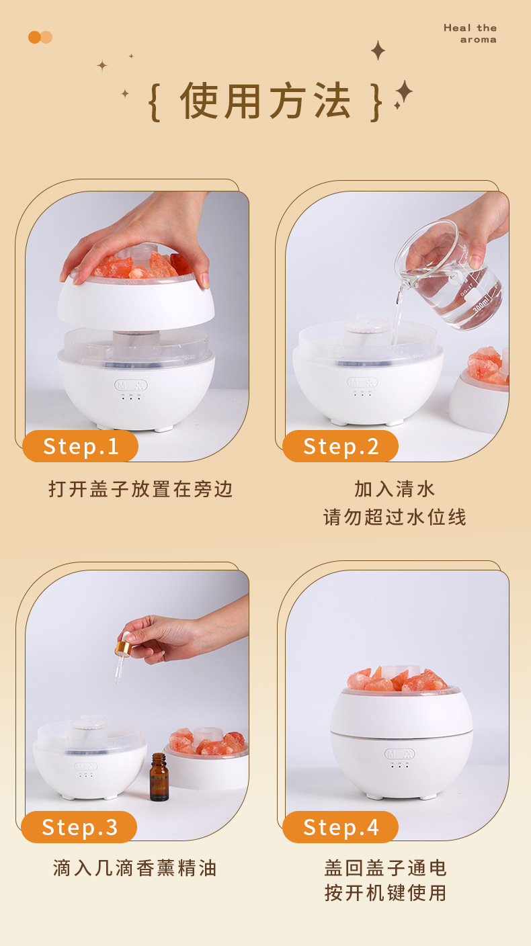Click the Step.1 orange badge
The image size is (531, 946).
click(x=81, y=446)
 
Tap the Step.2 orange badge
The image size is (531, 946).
click(x=341, y=446)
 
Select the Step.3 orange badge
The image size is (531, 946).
click(x=79, y=827)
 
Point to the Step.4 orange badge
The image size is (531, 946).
click(x=341, y=827)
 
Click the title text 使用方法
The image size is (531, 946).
click(x=265, y=102)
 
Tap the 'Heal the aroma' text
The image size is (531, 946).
click(x=470, y=34)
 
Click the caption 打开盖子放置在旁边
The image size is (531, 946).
click(x=140, y=488)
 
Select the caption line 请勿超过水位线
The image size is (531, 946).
click(x=395, y=517)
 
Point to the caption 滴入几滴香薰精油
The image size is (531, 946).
click(x=135, y=867)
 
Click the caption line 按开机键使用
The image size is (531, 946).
click(x=385, y=893)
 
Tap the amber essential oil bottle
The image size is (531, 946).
click(x=159, y=777)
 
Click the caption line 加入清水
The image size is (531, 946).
click(x=395, y=488)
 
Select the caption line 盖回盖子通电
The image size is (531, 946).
click(x=385, y=867)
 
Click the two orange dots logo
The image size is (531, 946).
click(x=40, y=37)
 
